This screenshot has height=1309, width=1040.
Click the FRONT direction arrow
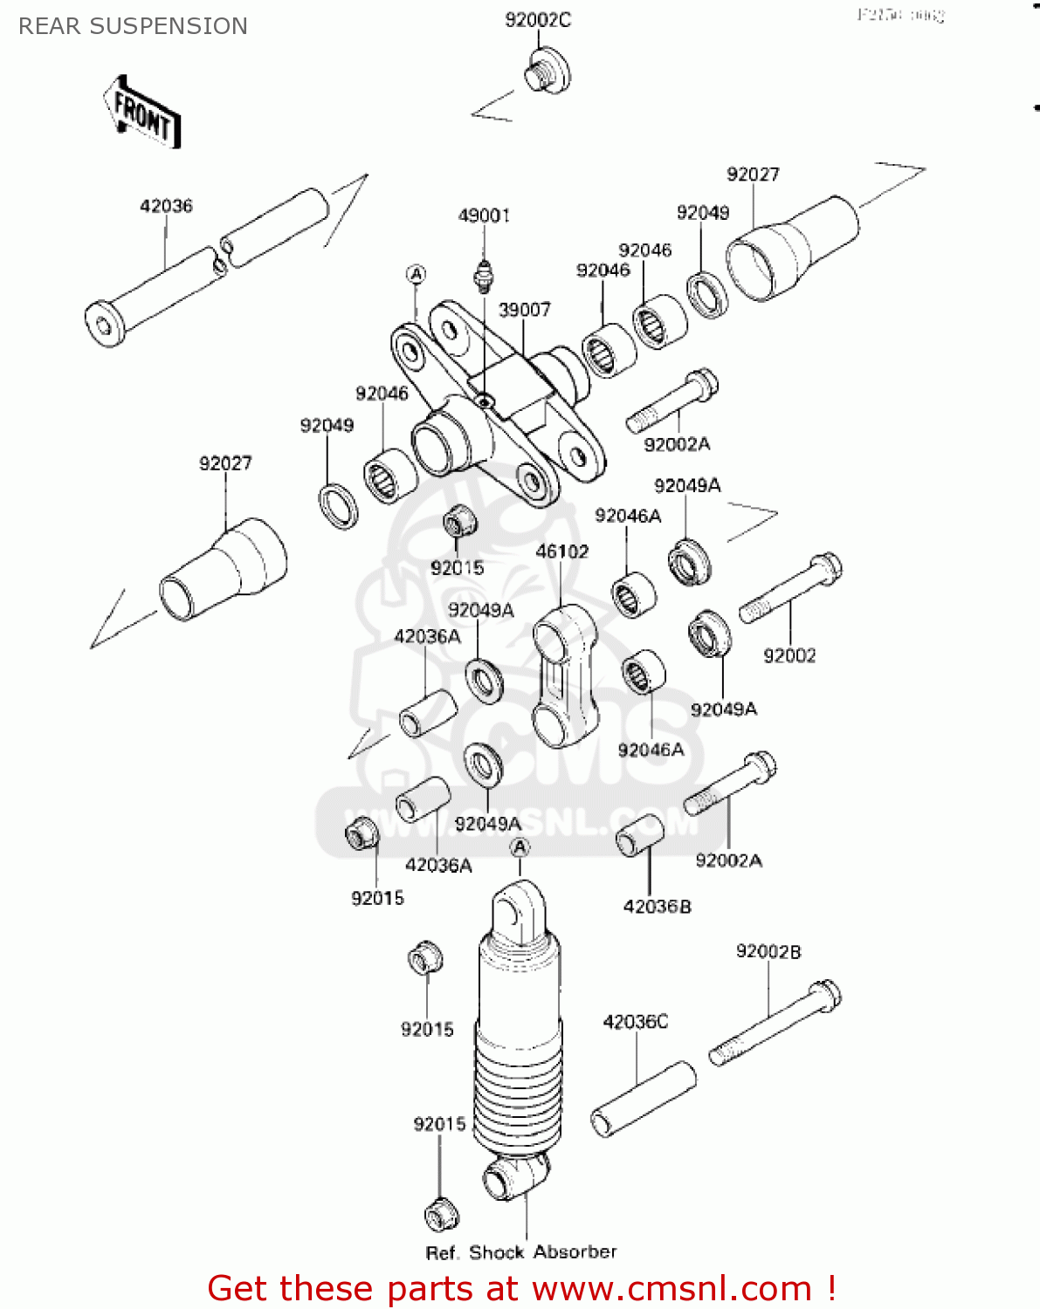[x=142, y=114]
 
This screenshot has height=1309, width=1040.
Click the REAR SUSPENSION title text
[x=133, y=26]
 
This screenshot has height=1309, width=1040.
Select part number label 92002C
[x=538, y=19]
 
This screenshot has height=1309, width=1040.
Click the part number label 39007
[x=524, y=310]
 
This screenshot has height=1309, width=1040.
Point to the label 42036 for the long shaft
[x=166, y=206]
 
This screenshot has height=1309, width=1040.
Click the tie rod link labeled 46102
[x=560, y=675]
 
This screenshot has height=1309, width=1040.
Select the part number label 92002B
[x=768, y=951]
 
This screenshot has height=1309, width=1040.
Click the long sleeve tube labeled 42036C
[x=644, y=1100]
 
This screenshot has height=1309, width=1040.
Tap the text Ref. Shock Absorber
[x=520, y=1252]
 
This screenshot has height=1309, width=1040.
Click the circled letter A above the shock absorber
[x=520, y=847]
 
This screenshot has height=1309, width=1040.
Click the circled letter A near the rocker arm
[x=417, y=275]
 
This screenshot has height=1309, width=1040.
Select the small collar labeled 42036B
[x=641, y=836]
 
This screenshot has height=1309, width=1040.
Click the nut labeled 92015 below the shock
[x=441, y=1214]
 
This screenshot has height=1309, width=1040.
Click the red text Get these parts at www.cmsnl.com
[x=521, y=1288]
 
